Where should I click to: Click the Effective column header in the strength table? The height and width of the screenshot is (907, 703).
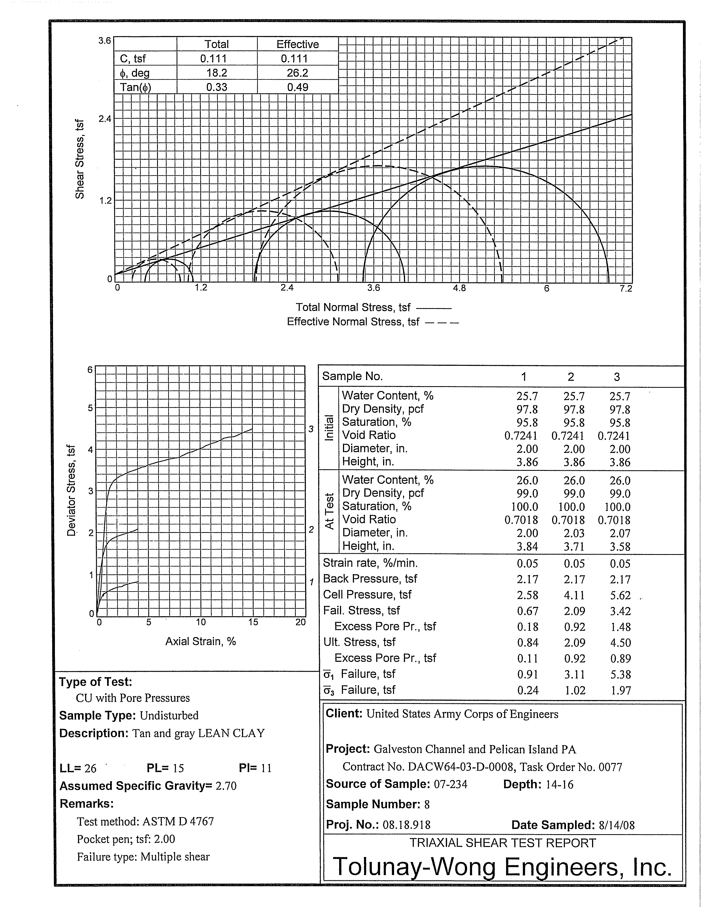click(x=298, y=45)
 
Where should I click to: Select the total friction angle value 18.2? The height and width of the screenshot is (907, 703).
click(x=217, y=73)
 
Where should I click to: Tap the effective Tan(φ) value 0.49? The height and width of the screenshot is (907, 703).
click(x=298, y=87)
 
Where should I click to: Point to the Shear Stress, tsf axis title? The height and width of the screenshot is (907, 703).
click(x=80, y=159)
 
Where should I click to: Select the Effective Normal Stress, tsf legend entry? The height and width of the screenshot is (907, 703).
click(x=353, y=322)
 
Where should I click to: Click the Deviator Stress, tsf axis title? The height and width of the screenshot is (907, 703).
click(x=71, y=490)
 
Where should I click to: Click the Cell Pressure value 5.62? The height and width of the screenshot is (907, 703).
click(x=620, y=596)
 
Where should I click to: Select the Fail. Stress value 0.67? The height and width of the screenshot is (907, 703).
click(x=528, y=611)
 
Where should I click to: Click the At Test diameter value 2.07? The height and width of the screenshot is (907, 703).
click(x=620, y=533)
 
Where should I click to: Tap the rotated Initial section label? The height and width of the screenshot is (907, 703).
click(x=329, y=428)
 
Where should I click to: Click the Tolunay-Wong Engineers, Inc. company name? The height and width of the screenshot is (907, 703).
click(x=503, y=867)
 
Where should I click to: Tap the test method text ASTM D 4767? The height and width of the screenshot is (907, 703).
click(x=178, y=822)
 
